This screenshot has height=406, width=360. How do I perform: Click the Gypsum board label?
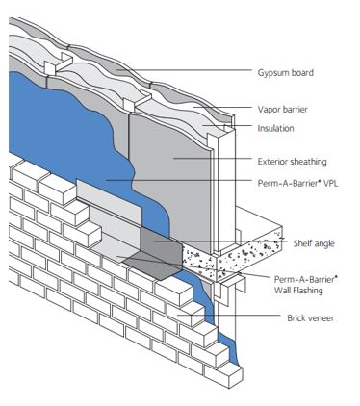pos(287,72)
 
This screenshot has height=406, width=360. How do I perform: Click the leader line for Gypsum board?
pos(193,72)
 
